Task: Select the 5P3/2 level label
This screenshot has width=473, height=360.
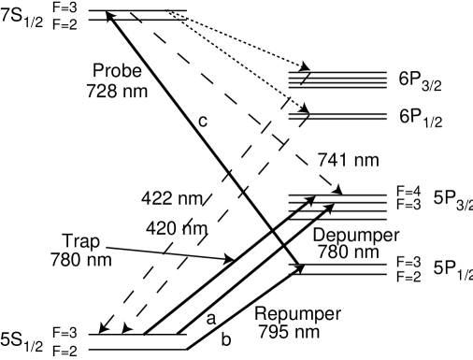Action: [x=452, y=202]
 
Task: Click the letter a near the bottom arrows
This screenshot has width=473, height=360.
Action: [x=212, y=318]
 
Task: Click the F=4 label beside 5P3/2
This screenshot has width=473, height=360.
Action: [x=405, y=191]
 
